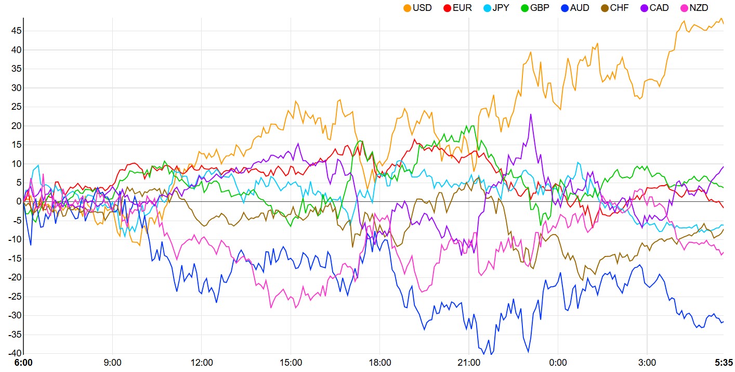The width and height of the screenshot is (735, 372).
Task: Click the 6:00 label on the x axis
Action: point(23,362)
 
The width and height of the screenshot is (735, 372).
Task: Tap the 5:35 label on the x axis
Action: point(724,362)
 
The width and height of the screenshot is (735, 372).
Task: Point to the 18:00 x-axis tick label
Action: point(379,362)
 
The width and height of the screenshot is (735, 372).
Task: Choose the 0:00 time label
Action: point(558,362)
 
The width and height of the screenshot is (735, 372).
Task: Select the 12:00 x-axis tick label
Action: point(202,362)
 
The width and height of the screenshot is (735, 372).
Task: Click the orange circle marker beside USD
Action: point(407,8)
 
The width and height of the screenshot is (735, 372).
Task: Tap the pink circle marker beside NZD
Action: point(685,8)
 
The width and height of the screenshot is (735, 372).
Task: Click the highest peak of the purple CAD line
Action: point(531,114)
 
